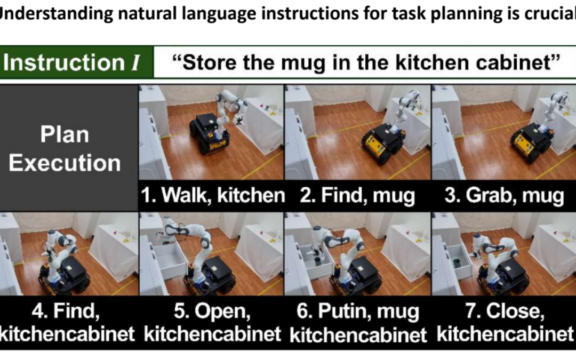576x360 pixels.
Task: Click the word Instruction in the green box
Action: click(64, 62)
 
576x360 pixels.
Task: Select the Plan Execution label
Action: click(65, 149)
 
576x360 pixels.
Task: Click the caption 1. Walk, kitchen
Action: click(213, 195)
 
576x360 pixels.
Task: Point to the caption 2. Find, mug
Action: click(357, 195)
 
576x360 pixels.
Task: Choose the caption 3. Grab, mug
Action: click(504, 195)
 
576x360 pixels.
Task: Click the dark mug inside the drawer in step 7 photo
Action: click(458, 263)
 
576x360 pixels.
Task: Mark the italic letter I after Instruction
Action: click(135, 62)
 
